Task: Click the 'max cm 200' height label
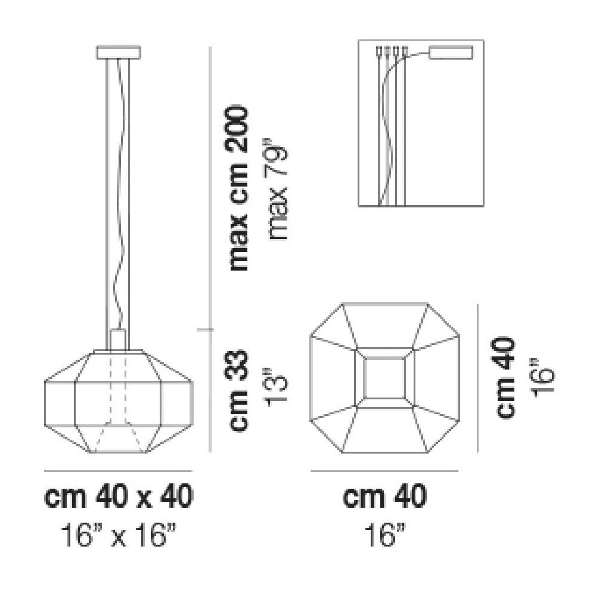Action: pyautogui.click(x=239, y=189)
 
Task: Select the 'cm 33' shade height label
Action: pyautogui.click(x=239, y=391)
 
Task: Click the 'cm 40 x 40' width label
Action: pyautogui.click(x=119, y=496)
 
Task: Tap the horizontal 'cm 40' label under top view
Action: pyautogui.click(x=384, y=496)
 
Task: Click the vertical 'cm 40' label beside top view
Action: pyautogui.click(x=506, y=377)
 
